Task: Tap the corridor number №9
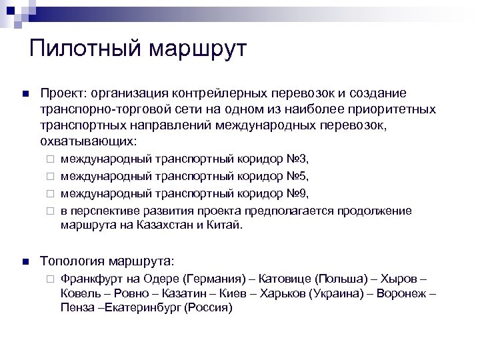tap(298, 193)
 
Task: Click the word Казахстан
tap(167, 225)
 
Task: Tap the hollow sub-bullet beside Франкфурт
tap(49, 278)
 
